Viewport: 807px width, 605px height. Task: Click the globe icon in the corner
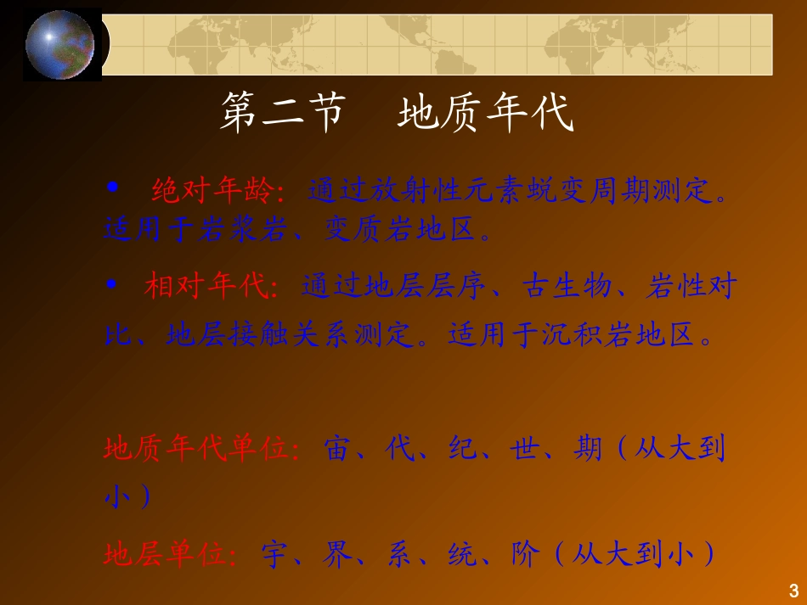60,45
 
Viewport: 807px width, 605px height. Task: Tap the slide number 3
793,591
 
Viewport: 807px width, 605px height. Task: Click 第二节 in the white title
283,112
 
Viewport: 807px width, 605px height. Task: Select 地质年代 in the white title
486,112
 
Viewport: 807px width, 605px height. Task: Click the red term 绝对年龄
212,190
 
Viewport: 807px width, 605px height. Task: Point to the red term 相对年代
206,285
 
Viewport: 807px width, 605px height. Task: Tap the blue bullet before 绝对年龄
112,188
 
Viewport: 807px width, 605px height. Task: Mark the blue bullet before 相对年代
111,283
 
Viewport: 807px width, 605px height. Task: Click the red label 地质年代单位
196,448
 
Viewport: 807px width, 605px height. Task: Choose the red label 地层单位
165,554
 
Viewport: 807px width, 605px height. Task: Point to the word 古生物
567,285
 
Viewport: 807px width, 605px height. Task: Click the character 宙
337,448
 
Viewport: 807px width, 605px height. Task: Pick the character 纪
462,448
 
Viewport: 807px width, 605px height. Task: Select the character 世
524,448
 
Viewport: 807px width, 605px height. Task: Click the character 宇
275,554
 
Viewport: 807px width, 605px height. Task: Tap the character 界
337,554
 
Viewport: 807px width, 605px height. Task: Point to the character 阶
525,554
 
